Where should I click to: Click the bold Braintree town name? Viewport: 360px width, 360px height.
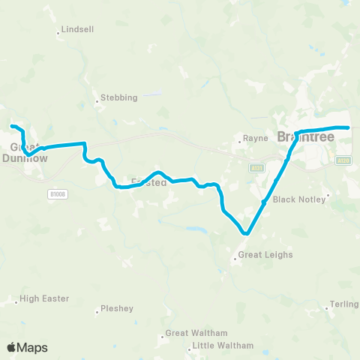[305, 137]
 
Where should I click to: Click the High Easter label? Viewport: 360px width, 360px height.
[44, 298]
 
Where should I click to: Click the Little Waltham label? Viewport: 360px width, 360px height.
[223, 346]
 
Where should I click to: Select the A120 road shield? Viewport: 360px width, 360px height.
[343, 160]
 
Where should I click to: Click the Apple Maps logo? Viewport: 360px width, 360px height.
[27, 347]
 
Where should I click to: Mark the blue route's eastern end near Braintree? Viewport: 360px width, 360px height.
[347, 127]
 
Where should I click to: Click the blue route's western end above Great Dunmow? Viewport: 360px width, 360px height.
[11, 124]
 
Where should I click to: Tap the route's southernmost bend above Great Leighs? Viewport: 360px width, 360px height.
[244, 234]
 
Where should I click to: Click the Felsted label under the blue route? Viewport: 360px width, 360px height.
[148, 182]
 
